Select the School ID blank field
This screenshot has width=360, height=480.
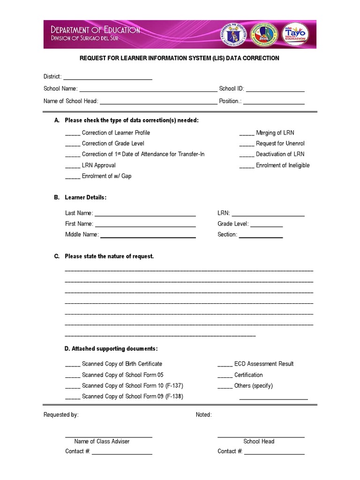pos(275,89)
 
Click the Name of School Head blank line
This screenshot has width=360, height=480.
pos(158,101)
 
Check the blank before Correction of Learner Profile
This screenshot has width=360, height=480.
pos(73,134)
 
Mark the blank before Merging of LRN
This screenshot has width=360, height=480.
pos(247,134)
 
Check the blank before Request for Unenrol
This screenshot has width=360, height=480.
pos(247,144)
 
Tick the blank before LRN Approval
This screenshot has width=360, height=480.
pos(73,166)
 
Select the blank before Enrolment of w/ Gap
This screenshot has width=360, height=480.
pos(73,177)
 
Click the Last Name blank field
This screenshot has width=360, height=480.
pos(145,214)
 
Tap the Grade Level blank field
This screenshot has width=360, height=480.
pos(267,225)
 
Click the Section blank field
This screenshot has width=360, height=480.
pos(261,235)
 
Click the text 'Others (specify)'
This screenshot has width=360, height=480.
pos(253,386)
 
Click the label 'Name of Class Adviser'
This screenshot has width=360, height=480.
pos(102,442)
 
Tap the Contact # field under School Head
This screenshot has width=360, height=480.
pos(274,452)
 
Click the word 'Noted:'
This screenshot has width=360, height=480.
pos(203,415)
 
